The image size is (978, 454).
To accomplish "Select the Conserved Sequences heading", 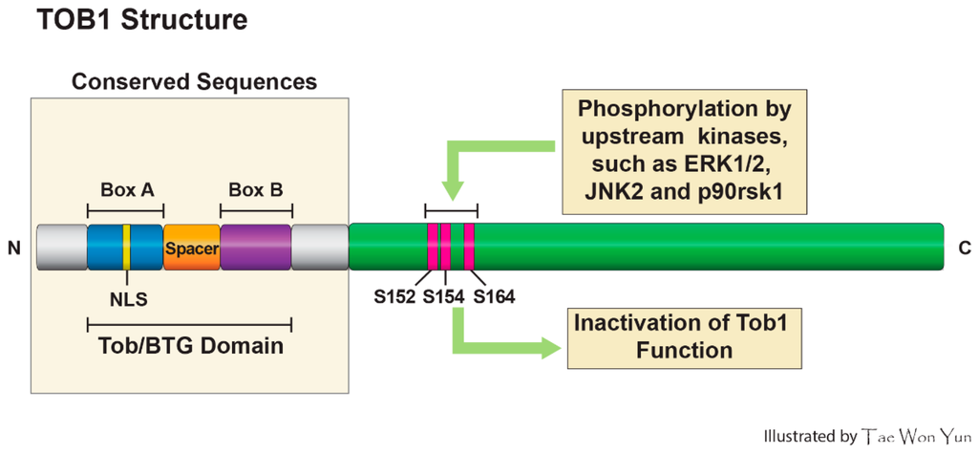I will [x=194, y=82].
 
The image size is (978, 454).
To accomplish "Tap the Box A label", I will [x=126, y=189].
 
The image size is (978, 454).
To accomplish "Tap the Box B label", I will [x=255, y=189].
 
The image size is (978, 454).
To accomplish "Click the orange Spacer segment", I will [x=191, y=249].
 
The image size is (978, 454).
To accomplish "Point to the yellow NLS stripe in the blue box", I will [x=126, y=248].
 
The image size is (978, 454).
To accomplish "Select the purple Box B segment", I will [x=255, y=248].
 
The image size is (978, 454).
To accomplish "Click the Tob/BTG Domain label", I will [x=191, y=345].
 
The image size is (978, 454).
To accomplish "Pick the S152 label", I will [x=394, y=296].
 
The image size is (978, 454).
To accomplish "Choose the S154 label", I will [x=443, y=296].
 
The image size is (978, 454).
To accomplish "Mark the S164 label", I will [x=494, y=296].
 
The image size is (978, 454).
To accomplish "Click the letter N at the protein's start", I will [x=14, y=249].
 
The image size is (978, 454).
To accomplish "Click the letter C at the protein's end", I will [x=964, y=249].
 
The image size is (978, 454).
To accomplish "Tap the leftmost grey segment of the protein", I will [x=61, y=248].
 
